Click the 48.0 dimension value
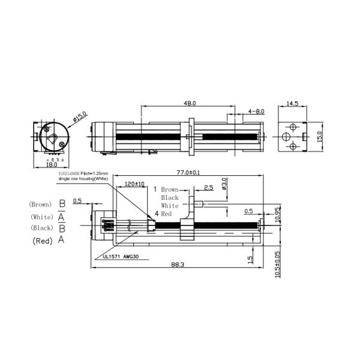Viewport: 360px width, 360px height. coord(190,103)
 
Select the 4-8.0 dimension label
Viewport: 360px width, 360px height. coord(256,111)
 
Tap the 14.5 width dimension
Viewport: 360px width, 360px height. coord(293,103)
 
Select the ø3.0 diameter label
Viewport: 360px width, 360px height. coord(224,184)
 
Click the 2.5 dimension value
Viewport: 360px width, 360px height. coord(208,188)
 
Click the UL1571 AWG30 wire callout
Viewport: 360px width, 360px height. coord(119,256)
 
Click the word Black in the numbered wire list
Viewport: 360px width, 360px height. coord(170,197)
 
